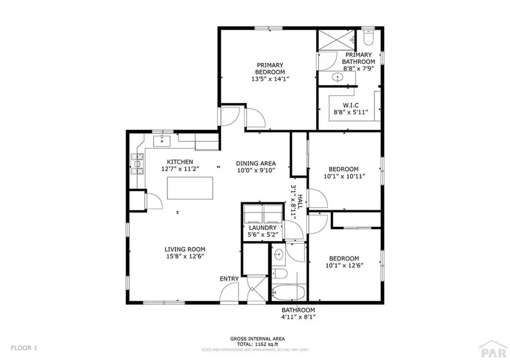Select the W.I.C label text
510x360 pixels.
351,106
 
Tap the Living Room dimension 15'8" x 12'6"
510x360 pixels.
185,256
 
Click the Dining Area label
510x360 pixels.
255,163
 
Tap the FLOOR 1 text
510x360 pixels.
23,348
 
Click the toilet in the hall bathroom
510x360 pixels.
279,273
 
